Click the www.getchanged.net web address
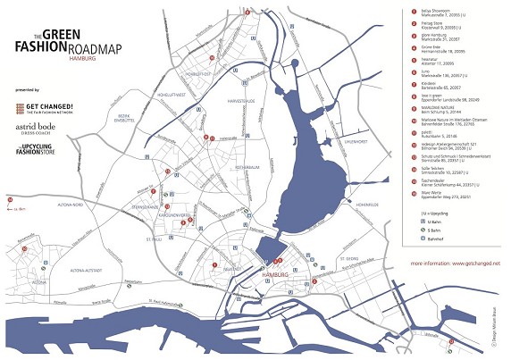point(455,264)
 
